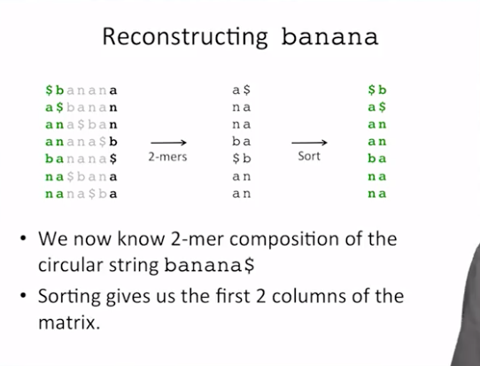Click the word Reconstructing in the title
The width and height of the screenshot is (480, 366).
click(x=185, y=37)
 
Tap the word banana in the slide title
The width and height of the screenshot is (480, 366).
click(x=329, y=37)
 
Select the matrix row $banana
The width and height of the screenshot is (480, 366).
click(x=81, y=90)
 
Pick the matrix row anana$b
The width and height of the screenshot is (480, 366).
click(x=81, y=142)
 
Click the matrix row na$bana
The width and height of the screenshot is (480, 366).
click(x=81, y=176)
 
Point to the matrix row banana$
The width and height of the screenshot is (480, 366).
click(x=81, y=159)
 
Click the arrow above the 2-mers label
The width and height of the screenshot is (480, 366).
click(x=168, y=143)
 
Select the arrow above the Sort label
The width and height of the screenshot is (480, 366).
click(x=309, y=143)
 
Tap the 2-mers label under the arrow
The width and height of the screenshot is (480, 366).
click(x=167, y=157)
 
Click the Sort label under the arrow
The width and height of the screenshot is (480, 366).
click(x=309, y=156)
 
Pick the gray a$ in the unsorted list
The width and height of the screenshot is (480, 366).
click(x=242, y=90)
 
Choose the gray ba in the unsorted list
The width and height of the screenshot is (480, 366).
click(x=242, y=141)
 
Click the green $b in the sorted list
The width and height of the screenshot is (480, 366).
click(x=377, y=90)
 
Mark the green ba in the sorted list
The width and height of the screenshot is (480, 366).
click(x=377, y=159)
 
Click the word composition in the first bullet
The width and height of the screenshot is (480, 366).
click(x=284, y=239)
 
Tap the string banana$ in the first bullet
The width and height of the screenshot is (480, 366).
click(x=209, y=265)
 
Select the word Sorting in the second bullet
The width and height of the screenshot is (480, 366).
click(x=69, y=297)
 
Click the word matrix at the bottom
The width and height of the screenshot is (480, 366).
click(x=69, y=323)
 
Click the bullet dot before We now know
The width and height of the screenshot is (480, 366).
click(x=23, y=238)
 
